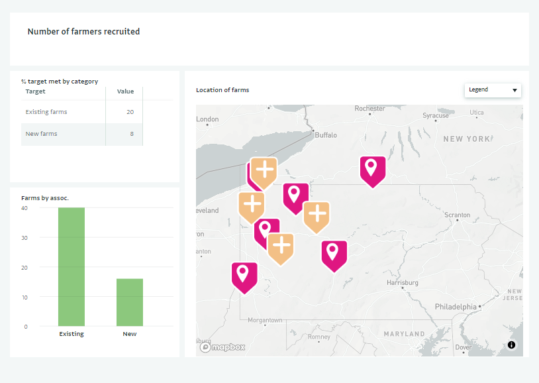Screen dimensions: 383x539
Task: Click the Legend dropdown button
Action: pyautogui.click(x=493, y=90)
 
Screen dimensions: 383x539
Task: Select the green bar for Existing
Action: pyautogui.click(x=72, y=266)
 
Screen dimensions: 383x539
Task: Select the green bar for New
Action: pyautogui.click(x=130, y=302)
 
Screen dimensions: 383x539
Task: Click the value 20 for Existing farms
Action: pyautogui.click(x=130, y=112)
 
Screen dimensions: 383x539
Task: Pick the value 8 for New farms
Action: pyautogui.click(x=132, y=134)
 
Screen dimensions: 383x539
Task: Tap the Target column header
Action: pyautogui.click(x=35, y=91)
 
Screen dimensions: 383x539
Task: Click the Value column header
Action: pyautogui.click(x=125, y=91)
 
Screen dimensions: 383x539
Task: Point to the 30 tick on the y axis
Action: pyautogui.click(x=24, y=237)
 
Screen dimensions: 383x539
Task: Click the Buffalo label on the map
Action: pyautogui.click(x=325, y=135)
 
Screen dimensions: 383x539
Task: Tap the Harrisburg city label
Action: pyautogui.click(x=403, y=282)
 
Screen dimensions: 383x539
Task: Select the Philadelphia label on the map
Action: pyautogui.click(x=456, y=307)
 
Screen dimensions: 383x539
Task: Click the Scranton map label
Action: pyautogui.click(x=457, y=215)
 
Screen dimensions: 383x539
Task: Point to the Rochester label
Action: pyautogui.click(x=369, y=109)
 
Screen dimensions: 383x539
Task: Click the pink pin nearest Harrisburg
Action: pyautogui.click(x=334, y=254)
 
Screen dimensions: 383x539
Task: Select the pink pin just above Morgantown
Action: pyautogui.click(x=244, y=275)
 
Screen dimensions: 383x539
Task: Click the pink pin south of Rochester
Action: pyautogui.click(x=372, y=169)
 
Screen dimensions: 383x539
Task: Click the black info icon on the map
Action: pyautogui.click(x=511, y=345)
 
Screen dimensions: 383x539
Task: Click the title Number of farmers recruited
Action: pyautogui.click(x=83, y=31)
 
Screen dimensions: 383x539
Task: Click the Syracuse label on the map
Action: pyautogui.click(x=436, y=115)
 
